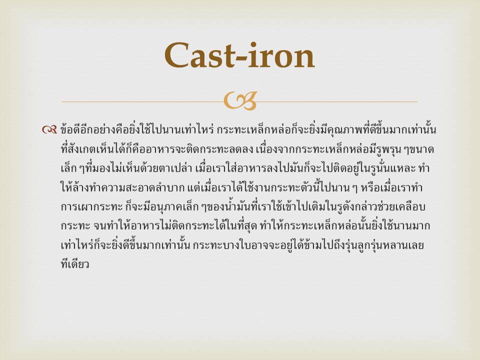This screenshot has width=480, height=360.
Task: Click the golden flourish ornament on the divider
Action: tap(240, 100)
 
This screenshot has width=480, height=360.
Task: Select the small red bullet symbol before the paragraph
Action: tap(49, 130)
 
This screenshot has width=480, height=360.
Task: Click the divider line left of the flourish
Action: tap(142, 101)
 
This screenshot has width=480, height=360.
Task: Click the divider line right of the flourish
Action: tap(337, 101)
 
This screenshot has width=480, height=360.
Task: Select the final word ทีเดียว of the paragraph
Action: tap(75, 264)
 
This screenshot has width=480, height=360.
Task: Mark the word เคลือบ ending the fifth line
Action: tap(411, 207)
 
